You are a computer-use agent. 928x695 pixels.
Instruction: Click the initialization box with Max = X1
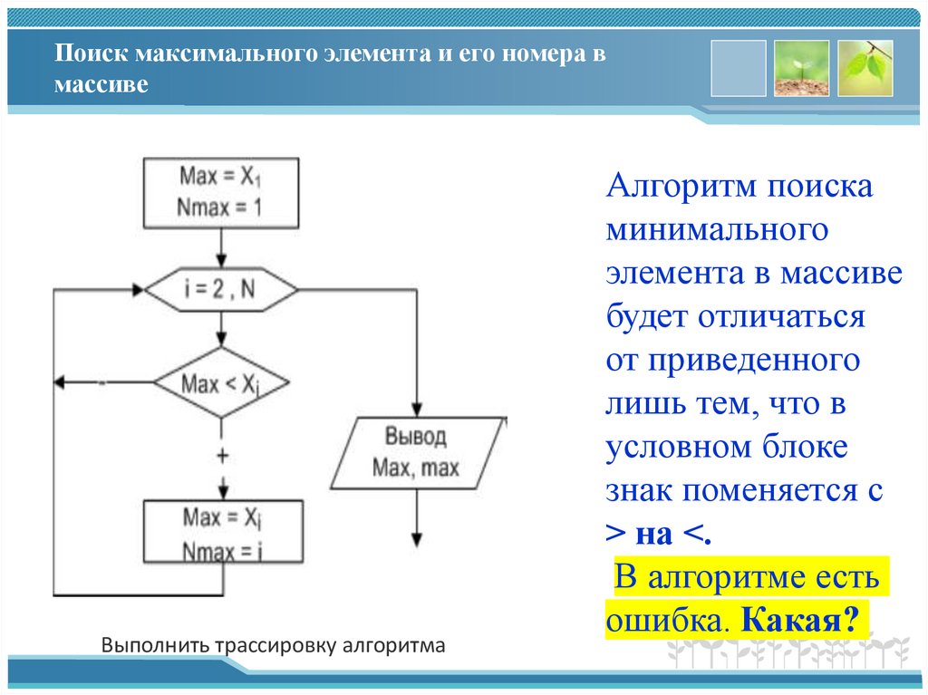coord(221,191)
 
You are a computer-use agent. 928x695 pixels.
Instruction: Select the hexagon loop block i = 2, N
coord(221,291)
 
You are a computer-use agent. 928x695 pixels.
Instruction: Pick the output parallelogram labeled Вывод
coord(416,452)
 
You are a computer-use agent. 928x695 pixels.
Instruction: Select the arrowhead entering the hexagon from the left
coord(139,291)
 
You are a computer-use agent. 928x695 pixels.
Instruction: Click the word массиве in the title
coord(100,85)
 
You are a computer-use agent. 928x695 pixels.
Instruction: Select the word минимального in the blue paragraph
coord(718,230)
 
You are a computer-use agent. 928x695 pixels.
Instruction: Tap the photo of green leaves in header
coord(865,68)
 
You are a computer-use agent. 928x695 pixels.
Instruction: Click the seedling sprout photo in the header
coord(801,68)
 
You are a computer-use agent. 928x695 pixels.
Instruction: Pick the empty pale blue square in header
coord(738,68)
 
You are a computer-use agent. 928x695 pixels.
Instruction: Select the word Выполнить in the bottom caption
coord(155,647)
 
